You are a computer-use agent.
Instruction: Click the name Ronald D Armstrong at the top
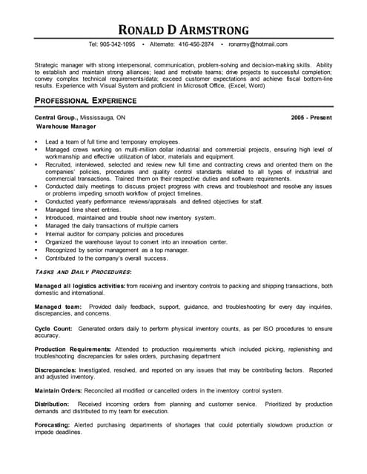coord(183,29)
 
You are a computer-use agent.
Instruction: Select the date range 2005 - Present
coord(311,118)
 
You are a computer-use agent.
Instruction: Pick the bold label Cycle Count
coord(53,327)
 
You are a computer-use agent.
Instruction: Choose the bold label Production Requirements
coord(72,349)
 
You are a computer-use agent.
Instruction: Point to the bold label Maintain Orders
coord(60,390)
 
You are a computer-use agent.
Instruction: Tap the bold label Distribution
coord(53,404)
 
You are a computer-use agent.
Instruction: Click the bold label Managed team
coord(58,307)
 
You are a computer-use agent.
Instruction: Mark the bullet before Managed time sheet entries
coord(36,210)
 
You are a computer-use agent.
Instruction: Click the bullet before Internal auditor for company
coord(36,234)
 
